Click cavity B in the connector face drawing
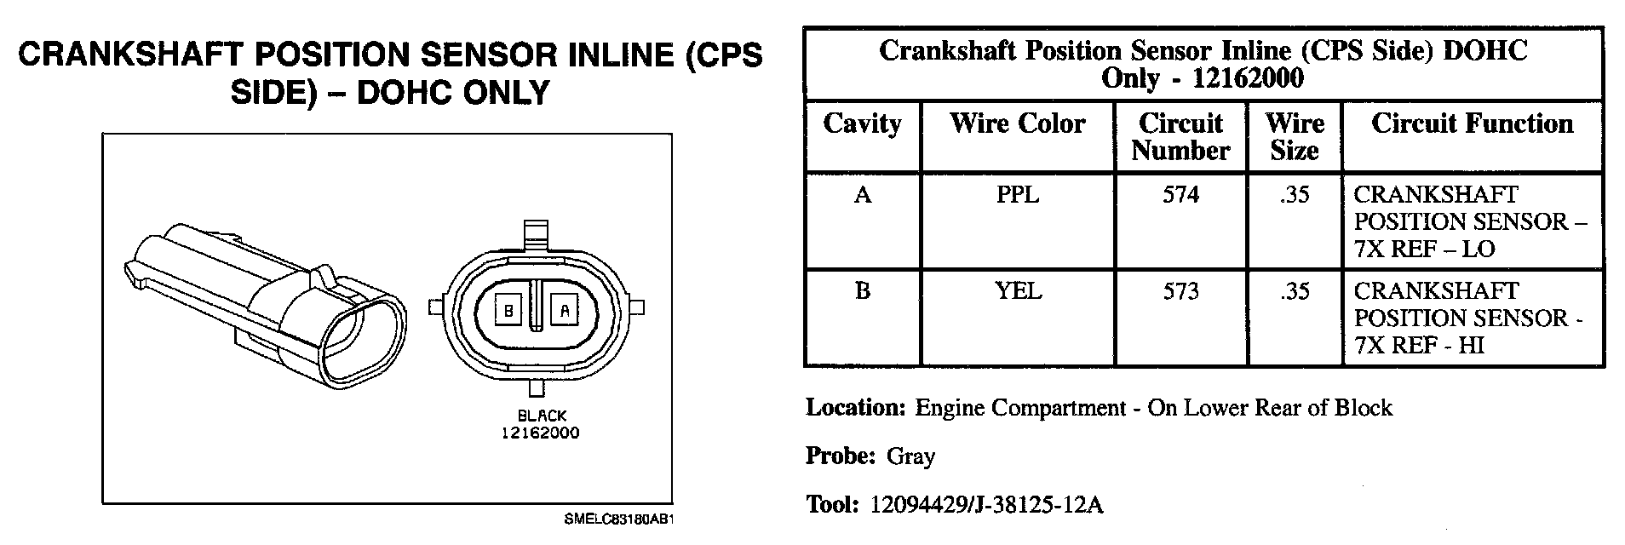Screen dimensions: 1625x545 508,311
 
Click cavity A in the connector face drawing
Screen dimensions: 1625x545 564,311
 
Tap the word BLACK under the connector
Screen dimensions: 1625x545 542,416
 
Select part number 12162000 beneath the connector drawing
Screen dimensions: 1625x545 539,433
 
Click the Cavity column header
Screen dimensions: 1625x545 862,124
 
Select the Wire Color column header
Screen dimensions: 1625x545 1017,124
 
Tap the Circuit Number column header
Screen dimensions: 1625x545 1180,137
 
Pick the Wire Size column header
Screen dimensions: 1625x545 1294,137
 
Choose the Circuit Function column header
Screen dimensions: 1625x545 1472,124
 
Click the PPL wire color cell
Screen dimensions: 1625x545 1018,195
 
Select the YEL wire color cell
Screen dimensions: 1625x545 1018,291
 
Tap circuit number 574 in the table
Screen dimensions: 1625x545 1180,195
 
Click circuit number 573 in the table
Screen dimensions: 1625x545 1180,291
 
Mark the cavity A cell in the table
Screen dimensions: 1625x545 862,195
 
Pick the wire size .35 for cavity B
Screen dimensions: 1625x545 1294,291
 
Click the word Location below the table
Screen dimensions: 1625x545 854,408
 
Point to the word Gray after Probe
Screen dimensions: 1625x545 910,456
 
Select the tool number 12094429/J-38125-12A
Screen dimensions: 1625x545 986,505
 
